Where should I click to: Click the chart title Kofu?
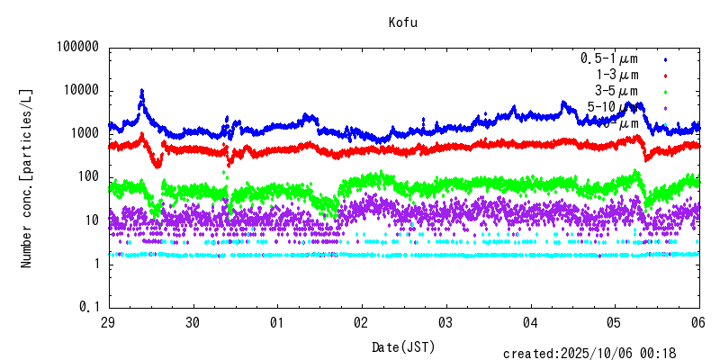point(403,22)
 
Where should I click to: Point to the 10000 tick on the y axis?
point(81,91)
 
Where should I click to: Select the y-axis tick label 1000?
point(84,133)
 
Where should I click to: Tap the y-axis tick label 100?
point(87,176)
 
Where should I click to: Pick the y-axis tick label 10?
point(91,220)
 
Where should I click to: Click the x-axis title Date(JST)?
point(403,346)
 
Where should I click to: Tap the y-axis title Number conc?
point(27,177)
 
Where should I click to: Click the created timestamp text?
point(601,353)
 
